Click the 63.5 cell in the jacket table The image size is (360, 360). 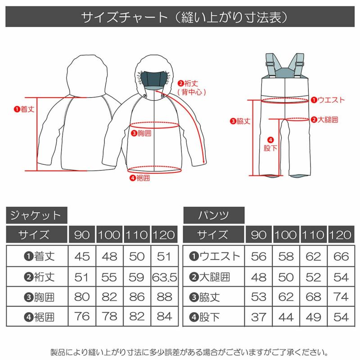pos(165,277)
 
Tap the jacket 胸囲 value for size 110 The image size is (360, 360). pos(137,297)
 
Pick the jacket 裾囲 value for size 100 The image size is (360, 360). pos(109,316)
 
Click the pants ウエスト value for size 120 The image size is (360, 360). pos(342,256)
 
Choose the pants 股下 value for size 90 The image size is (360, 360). pos(259,316)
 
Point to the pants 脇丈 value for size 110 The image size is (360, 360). pos(314,297)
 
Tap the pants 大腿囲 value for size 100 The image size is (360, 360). pos(286,277)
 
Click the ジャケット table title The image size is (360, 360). pos(36,215)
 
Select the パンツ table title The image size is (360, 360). pos(214,215)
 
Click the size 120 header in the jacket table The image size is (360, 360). pos(165,235)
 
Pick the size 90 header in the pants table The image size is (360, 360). pos(259,235)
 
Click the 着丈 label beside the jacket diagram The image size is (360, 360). pos(24,109)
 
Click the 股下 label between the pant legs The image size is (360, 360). pos(270,144)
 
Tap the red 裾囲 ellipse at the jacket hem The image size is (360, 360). pos(155,170)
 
